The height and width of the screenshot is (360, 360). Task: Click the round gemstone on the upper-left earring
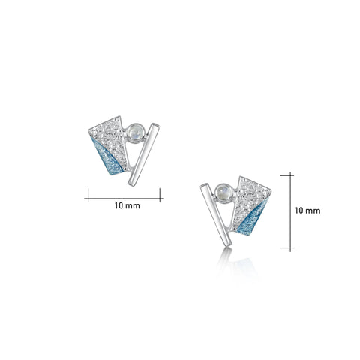(x=135, y=130)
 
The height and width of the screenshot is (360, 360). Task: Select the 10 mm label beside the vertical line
(x=308, y=211)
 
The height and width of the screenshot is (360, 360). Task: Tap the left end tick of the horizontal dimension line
(x=88, y=197)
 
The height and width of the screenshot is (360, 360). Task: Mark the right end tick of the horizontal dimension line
(x=160, y=197)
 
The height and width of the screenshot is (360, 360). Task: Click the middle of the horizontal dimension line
(x=124, y=197)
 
